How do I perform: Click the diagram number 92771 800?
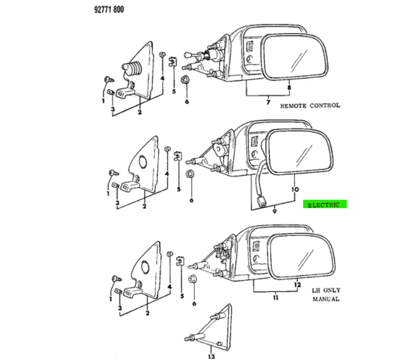tap(109, 10)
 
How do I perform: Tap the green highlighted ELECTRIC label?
tap(324, 204)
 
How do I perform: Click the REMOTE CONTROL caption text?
tap(310, 105)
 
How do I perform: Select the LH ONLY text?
tap(326, 290)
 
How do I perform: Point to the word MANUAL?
tap(326, 299)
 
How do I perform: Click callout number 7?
tap(268, 102)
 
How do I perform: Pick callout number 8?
tap(289, 87)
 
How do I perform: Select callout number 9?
tap(274, 211)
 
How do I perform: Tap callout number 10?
tap(295, 189)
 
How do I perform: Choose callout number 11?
tap(276, 297)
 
